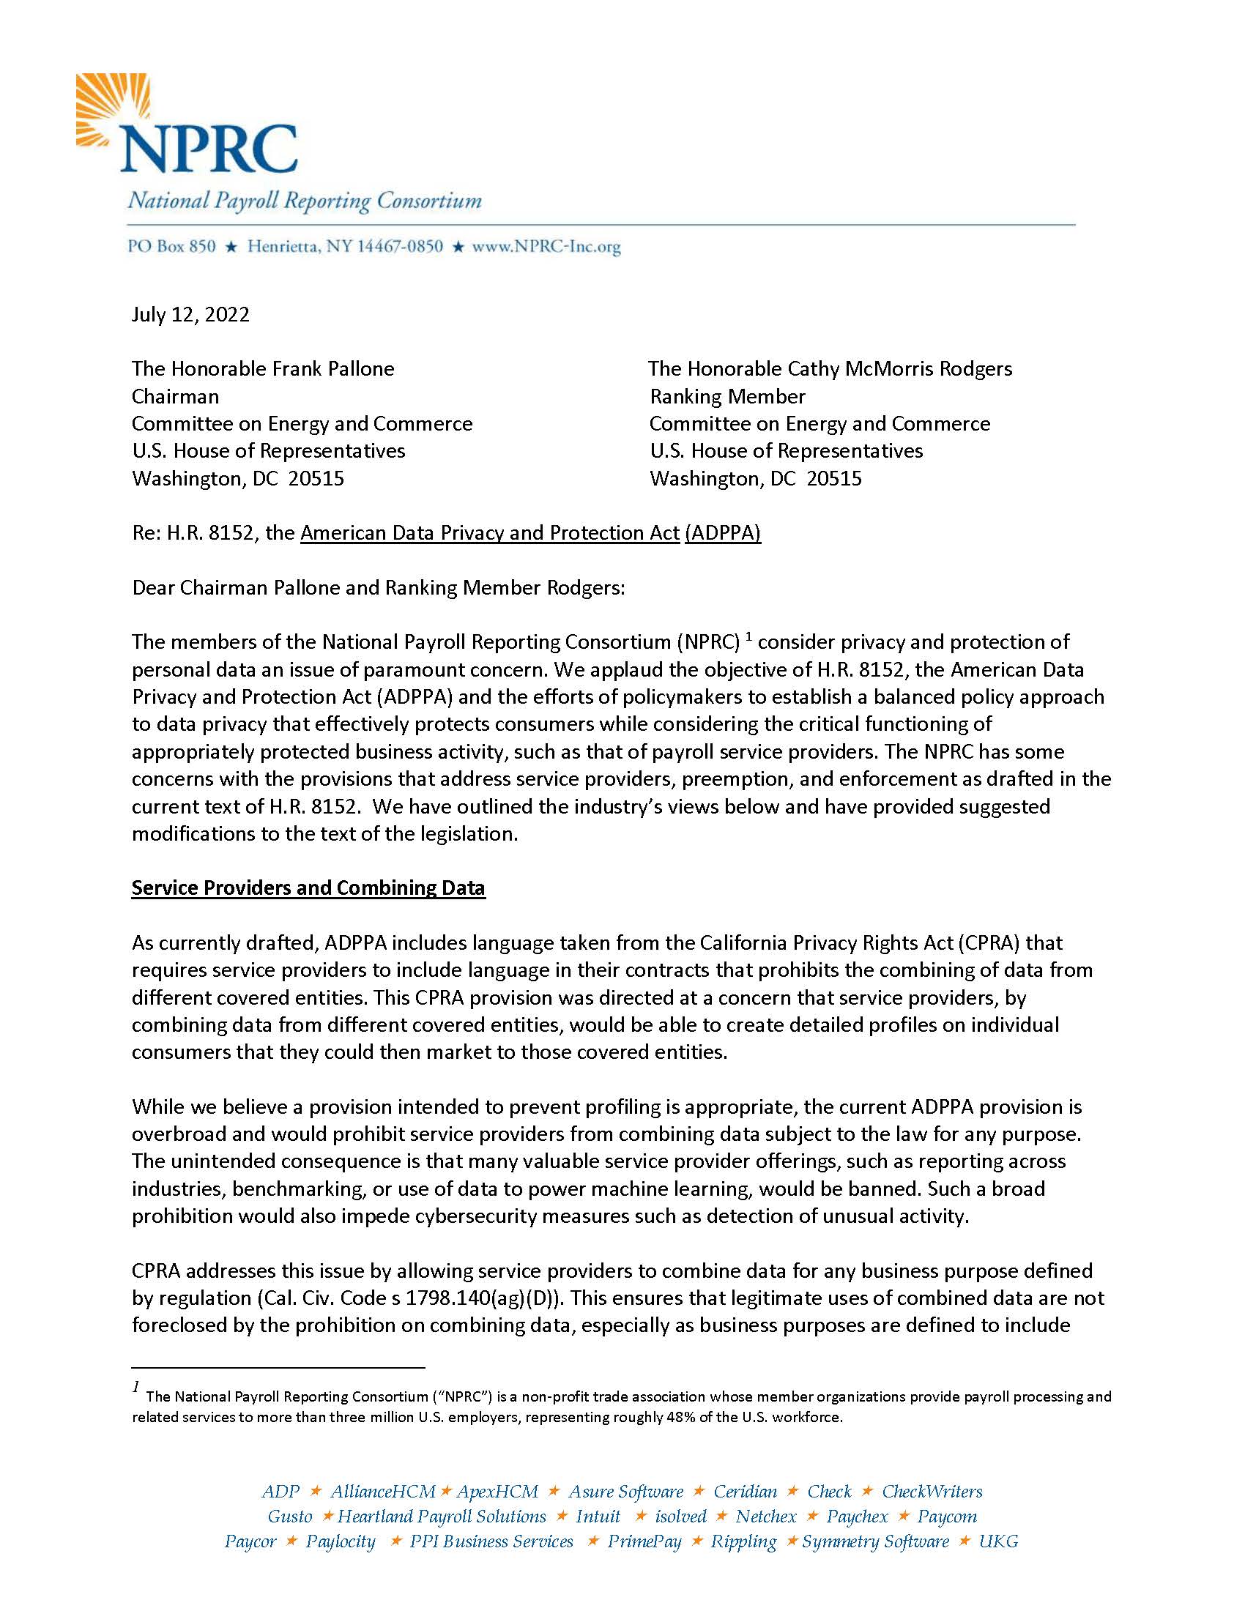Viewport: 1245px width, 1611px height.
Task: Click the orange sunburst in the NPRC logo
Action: (111, 107)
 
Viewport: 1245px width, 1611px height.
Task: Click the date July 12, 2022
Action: (190, 315)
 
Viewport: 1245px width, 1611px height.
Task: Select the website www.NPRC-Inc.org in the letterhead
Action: (546, 247)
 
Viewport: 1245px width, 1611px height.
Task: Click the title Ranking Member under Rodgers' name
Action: (727, 397)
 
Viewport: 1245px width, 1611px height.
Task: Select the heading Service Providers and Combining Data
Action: (308, 888)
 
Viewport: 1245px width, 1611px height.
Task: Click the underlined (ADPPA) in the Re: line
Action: (723, 533)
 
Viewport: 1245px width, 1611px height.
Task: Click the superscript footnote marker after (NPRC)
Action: (748, 637)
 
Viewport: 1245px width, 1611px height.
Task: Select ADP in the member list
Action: (280, 1492)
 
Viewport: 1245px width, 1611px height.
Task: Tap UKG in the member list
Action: (999, 1541)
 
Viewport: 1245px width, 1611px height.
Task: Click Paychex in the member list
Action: (857, 1517)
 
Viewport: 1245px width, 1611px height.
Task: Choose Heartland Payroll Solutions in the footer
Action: (442, 1517)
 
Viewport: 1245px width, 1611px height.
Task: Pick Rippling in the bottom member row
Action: (743, 1541)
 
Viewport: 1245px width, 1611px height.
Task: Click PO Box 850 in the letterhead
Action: (172, 247)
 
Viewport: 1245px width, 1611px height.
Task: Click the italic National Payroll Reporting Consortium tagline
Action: (305, 201)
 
